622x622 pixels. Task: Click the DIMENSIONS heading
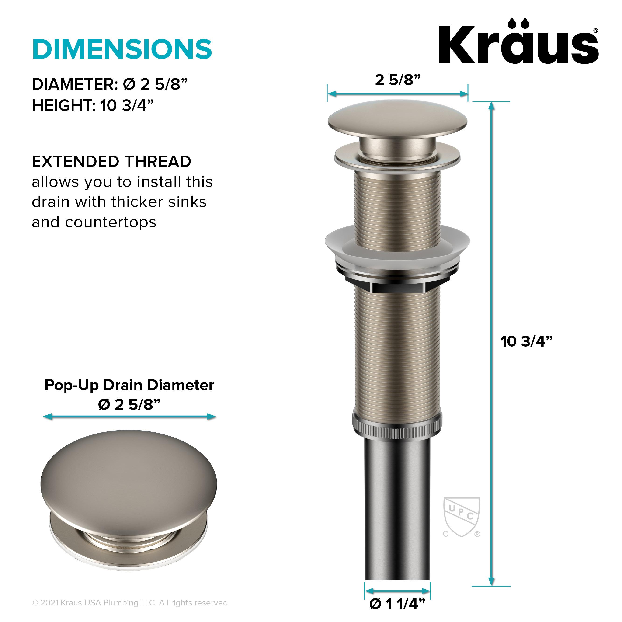(122, 49)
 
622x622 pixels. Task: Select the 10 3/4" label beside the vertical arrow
(526, 341)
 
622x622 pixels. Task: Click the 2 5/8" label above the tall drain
(398, 80)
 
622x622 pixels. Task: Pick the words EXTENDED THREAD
(111, 161)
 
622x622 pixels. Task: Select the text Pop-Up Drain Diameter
(129, 385)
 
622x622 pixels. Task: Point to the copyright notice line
(130, 603)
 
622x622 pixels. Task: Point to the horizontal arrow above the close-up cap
(129, 417)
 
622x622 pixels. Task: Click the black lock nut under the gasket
(397, 283)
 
